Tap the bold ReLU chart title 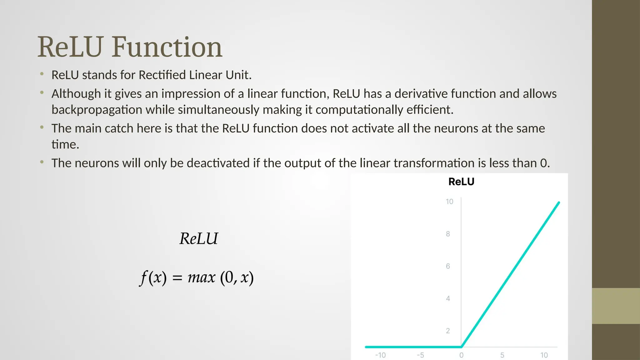pos(461,182)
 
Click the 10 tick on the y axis pos(449,202)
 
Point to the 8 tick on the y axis pos(448,234)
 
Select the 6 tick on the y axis pos(448,266)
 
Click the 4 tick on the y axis pos(448,298)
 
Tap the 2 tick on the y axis pos(448,331)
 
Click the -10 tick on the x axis pos(380,355)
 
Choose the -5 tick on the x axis pos(420,355)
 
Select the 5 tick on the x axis pos(502,355)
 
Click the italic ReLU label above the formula pos(199,239)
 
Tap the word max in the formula pos(202,277)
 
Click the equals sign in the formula pos(177,278)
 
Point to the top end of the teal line pos(559,203)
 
